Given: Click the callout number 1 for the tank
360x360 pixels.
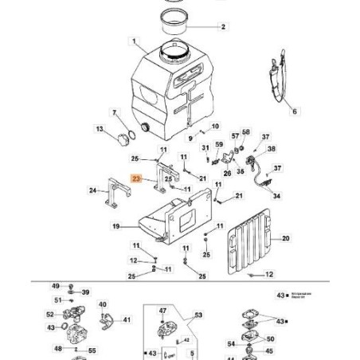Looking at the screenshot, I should click(x=135, y=41).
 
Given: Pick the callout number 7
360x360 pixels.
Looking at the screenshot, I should click(x=114, y=112).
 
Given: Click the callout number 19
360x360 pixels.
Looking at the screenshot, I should click(x=115, y=227).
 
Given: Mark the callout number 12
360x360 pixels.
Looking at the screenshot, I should click(x=269, y=275).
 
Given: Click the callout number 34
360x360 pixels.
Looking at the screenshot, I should click(x=276, y=196).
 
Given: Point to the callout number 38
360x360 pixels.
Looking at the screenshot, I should click(x=272, y=149).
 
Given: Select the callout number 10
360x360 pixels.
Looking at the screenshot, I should click(x=216, y=127).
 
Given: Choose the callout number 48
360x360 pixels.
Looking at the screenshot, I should click(x=59, y=349).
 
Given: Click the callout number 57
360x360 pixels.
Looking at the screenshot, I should click(x=234, y=136).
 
